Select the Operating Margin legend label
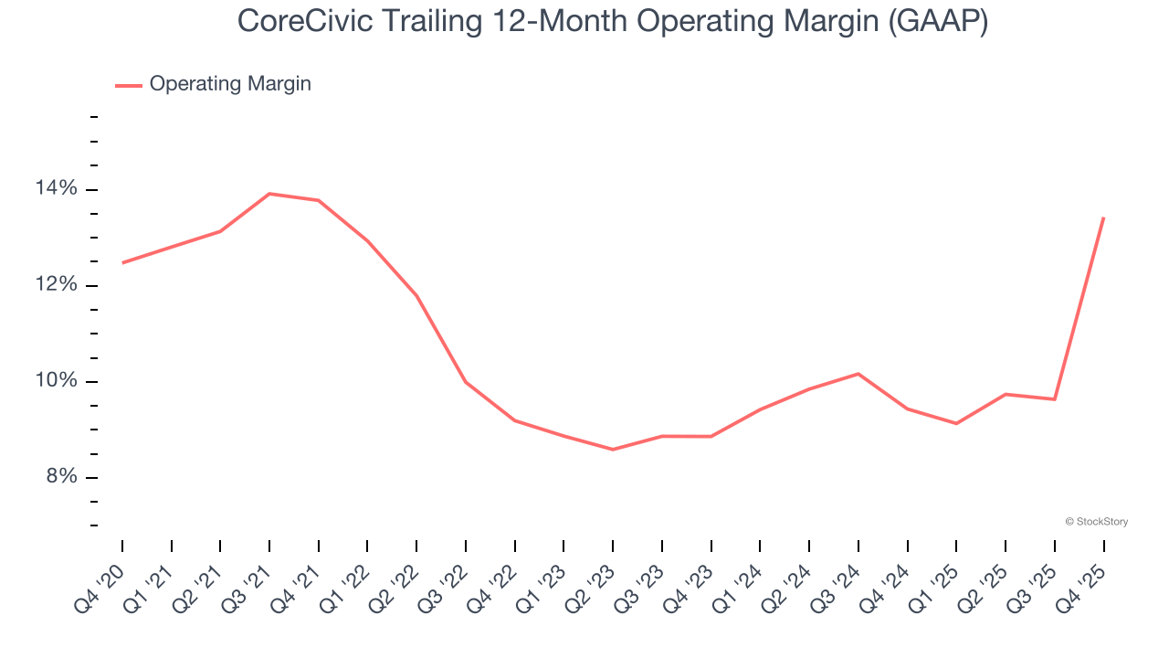pos(230,84)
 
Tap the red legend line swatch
pos(129,85)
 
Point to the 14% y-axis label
pos(57,189)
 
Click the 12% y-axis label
pos(57,285)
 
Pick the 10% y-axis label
pos(57,381)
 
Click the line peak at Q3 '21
pos(269,194)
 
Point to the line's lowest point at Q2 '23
pos(613,450)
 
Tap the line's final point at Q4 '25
pos(1103,218)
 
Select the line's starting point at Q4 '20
pos(122,263)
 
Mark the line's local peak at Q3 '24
pos(858,374)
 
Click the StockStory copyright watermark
pos(1096,522)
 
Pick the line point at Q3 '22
pos(466,382)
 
